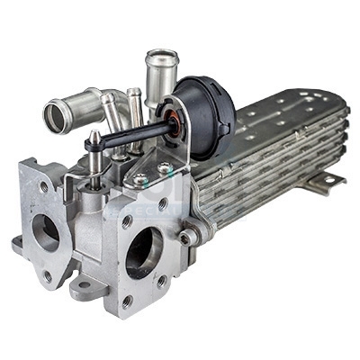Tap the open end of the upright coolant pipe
(161, 61)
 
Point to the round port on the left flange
(45, 232)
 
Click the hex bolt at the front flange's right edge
(186, 237)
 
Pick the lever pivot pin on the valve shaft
(94, 140)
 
